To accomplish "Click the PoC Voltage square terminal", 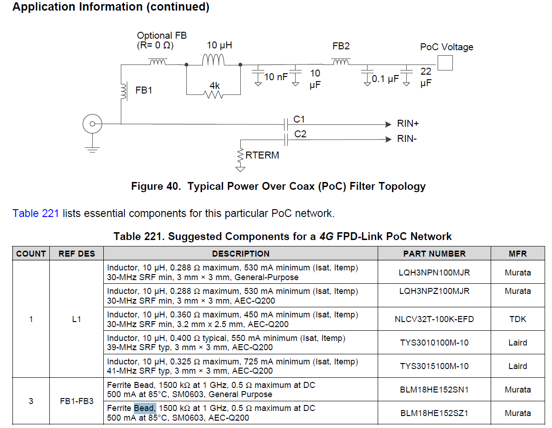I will coord(445,63).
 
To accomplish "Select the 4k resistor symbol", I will coord(214,94).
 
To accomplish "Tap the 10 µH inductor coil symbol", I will coord(214,60).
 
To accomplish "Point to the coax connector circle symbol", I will coord(92,124).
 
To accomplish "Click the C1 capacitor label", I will coord(299,119).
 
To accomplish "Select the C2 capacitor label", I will coord(300,134).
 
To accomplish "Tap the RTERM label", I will coord(262,155).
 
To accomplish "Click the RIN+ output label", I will coord(408,124).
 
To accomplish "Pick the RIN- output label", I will coord(407,139).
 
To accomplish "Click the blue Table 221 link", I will coord(36,213).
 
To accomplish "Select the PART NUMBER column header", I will coord(434,253).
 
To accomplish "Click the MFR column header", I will coord(517,253).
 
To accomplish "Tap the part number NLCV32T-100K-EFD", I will coord(434,319).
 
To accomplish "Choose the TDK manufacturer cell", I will coord(517,319).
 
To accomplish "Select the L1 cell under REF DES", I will coord(77,319).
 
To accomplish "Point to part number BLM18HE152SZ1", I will coord(434,413).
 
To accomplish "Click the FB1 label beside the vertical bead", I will coord(143,90).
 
